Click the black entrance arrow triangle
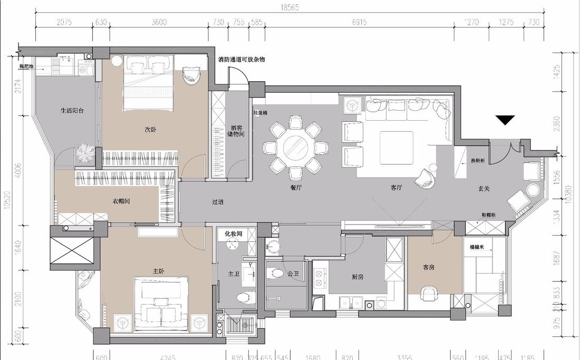tap(506, 121)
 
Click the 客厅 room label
tap(397, 187)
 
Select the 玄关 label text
tap(484, 188)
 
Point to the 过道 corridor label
tap(218, 202)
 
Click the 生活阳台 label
tap(72, 111)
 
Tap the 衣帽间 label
tap(121, 201)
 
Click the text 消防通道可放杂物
tap(241, 60)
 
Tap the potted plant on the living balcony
tap(85, 153)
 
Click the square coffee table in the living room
tap(396, 145)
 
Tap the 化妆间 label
tap(233, 233)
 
